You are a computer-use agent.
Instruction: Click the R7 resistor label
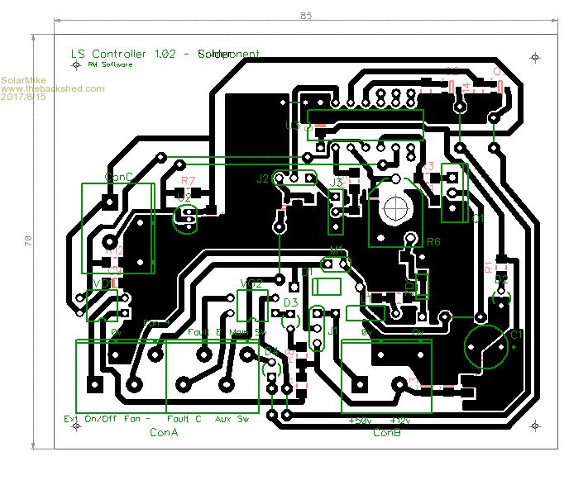pyautogui.click(x=188, y=179)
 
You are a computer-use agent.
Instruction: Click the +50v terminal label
pyautogui.click(x=360, y=421)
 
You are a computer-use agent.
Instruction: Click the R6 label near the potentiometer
pyautogui.click(x=433, y=242)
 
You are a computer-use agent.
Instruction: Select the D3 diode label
pyautogui.click(x=290, y=303)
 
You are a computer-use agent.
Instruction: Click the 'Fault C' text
pyautogui.click(x=184, y=420)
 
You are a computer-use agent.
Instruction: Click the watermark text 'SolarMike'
pyautogui.click(x=22, y=79)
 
